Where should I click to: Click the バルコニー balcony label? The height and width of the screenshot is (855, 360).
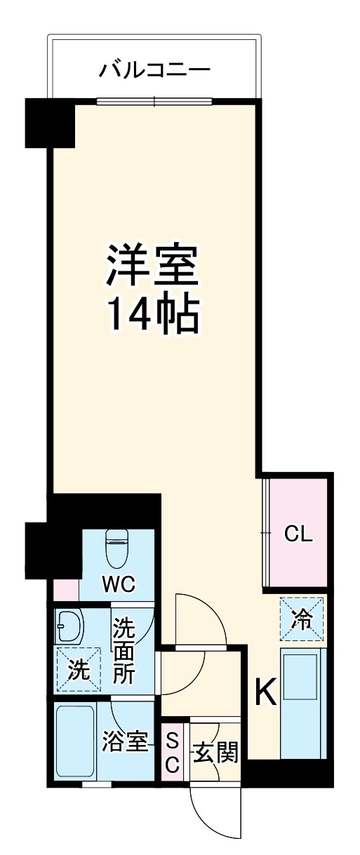tap(154, 69)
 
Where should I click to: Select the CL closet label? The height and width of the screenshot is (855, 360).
tap(298, 534)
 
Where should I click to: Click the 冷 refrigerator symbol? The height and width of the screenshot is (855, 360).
tap(302, 619)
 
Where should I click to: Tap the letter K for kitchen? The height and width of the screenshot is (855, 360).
tap(265, 693)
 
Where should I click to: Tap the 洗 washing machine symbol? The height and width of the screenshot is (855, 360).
tap(78, 670)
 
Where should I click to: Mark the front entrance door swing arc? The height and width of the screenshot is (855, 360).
tap(218, 814)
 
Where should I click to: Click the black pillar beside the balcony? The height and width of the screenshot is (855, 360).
tap(49, 123)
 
